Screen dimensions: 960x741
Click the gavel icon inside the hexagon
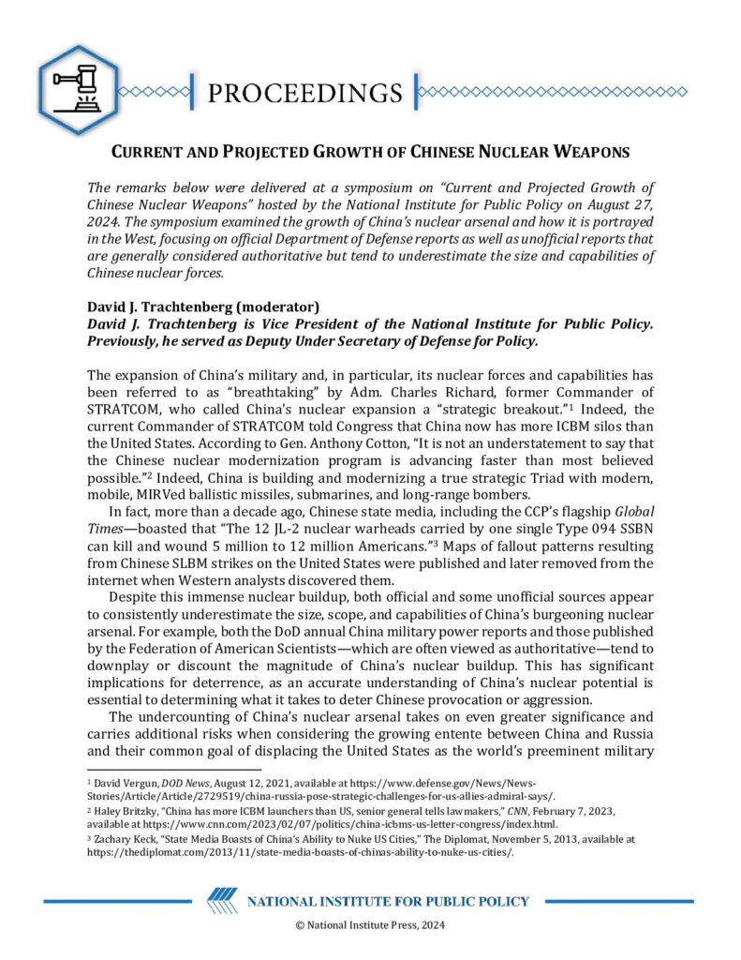(x=78, y=89)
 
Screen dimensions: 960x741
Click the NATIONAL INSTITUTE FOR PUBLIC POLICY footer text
(x=387, y=902)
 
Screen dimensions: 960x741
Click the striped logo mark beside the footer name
(x=222, y=902)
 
